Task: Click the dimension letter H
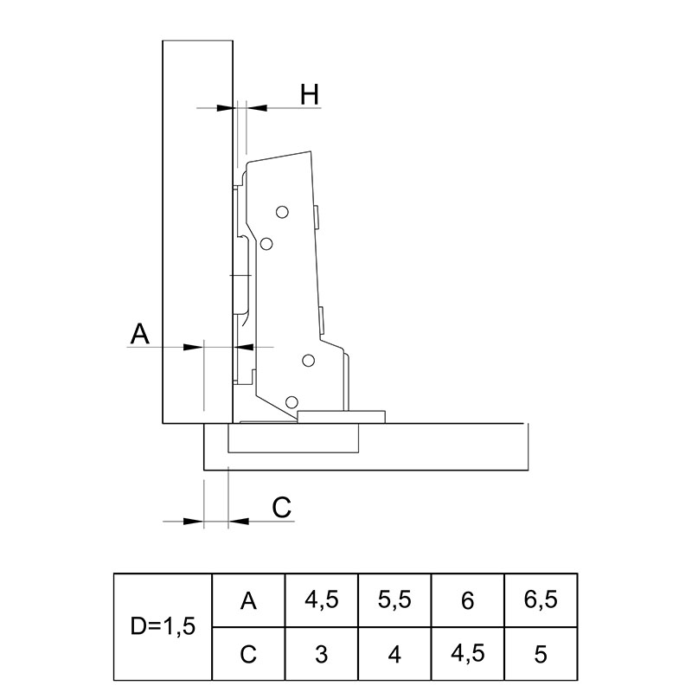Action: click(x=310, y=94)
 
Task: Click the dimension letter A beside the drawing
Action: click(x=139, y=334)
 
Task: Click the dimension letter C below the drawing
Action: click(x=282, y=507)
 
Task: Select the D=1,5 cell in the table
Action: click(x=163, y=626)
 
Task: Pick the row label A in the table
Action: click(x=248, y=600)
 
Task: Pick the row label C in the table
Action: click(x=248, y=654)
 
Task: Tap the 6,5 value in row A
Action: click(x=541, y=600)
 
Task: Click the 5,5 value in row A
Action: click(x=394, y=600)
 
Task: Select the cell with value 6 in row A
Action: click(x=467, y=600)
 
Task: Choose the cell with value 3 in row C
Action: click(x=322, y=654)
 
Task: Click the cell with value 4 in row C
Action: click(x=394, y=654)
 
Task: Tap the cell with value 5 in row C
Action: click(x=541, y=654)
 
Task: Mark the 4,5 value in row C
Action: click(x=467, y=654)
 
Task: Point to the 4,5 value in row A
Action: click(x=322, y=600)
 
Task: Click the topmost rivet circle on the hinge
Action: click(x=282, y=212)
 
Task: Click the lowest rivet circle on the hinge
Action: click(x=292, y=402)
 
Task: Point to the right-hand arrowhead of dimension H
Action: click(x=257, y=107)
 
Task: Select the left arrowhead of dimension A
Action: click(x=193, y=348)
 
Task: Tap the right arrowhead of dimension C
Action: click(x=239, y=522)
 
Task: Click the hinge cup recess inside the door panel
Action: click(x=293, y=438)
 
